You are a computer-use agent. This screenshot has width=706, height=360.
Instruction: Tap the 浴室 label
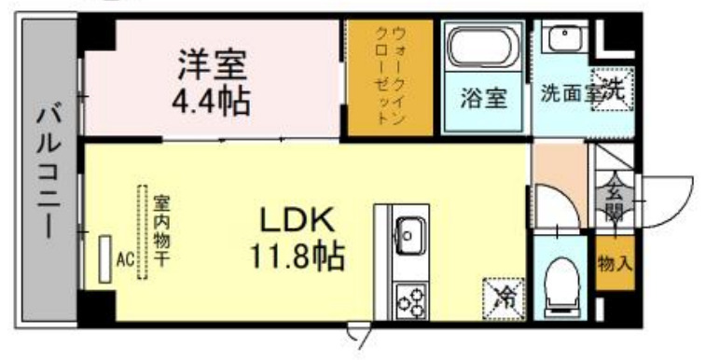[483, 98]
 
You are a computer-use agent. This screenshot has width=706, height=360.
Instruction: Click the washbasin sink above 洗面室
[562, 40]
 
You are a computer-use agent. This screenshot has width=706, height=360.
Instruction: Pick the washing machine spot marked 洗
[612, 90]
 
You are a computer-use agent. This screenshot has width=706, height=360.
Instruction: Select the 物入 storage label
[615, 264]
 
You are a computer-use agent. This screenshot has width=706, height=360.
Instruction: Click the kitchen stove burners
[409, 298]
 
